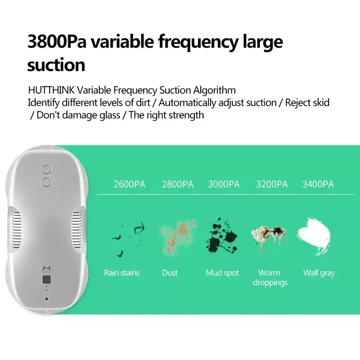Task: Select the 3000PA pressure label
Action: tap(224, 184)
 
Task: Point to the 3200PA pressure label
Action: tap(271, 184)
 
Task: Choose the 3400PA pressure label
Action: tap(318, 184)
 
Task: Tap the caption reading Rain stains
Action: tap(122, 273)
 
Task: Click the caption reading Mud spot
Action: tap(222, 273)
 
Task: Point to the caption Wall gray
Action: tap(319, 273)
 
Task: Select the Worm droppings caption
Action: tap(270, 278)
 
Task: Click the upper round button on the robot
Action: tap(46, 169)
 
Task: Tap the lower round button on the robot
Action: tap(46, 182)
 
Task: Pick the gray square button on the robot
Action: tap(46, 280)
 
